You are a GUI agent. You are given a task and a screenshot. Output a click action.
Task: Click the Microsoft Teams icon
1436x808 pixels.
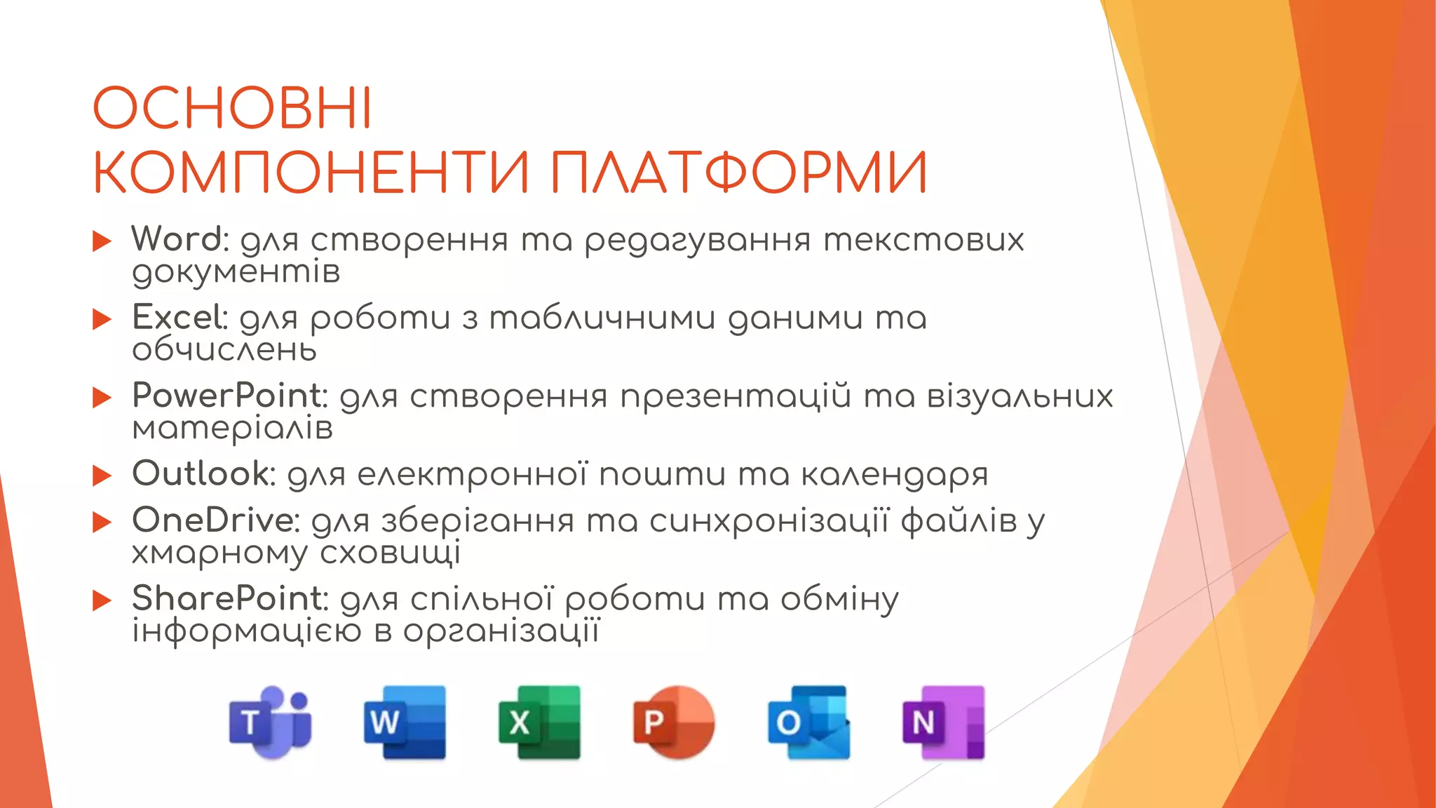271,722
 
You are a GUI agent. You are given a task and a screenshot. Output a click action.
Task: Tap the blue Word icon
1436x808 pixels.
405,722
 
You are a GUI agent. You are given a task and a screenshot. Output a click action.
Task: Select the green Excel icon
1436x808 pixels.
539,722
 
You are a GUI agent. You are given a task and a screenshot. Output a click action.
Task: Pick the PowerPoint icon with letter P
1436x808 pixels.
674,722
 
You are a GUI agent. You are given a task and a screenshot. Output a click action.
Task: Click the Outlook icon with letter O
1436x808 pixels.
808,722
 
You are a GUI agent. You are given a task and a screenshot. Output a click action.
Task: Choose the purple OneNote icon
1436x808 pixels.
943,722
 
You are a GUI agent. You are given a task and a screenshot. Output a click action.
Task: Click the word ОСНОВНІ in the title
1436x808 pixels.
232,109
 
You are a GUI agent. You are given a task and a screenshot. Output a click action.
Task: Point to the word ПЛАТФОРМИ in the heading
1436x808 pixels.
739,173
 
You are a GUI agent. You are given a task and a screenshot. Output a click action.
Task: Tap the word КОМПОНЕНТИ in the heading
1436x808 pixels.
311,173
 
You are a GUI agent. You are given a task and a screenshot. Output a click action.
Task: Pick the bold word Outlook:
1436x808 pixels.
204,473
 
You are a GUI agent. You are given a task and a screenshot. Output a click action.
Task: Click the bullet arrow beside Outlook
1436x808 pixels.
102,476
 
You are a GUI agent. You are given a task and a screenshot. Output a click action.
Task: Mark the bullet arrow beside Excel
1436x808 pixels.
102,320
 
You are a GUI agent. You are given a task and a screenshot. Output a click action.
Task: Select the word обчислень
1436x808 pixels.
224,350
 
